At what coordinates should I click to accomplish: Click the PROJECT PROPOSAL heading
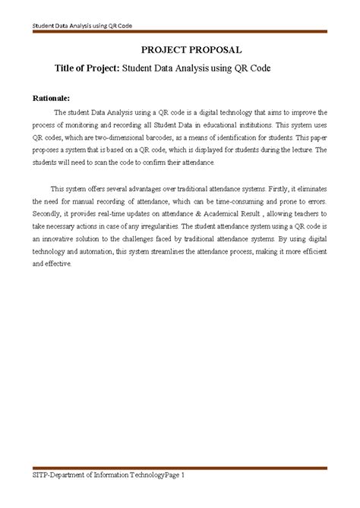181,50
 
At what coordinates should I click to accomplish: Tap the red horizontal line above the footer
179,465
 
